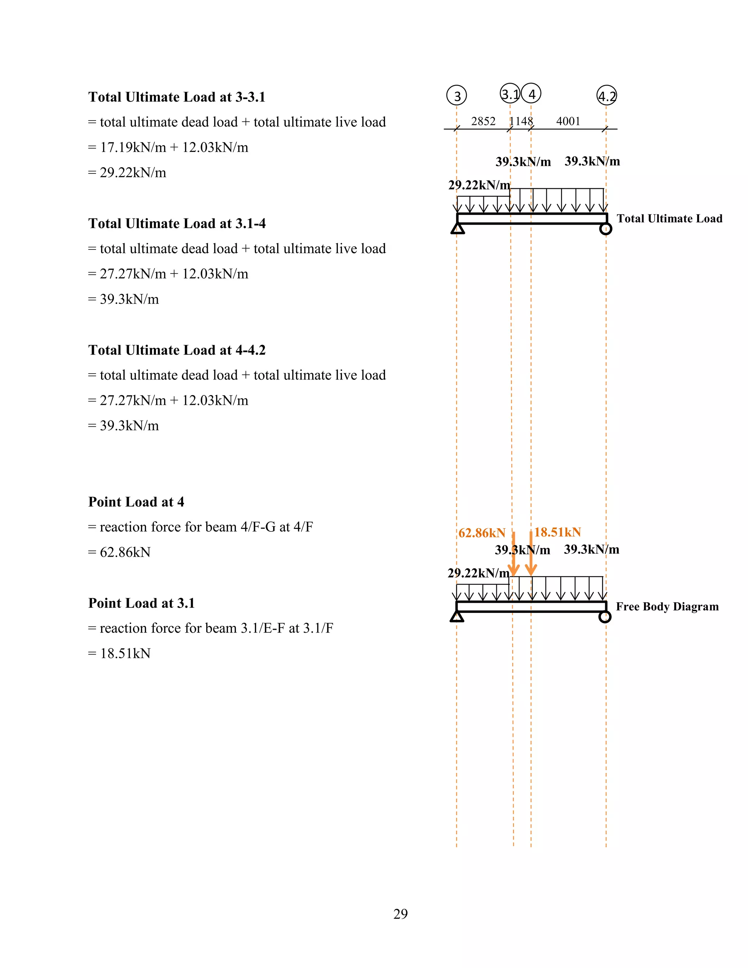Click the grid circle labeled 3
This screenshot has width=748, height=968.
click(x=457, y=95)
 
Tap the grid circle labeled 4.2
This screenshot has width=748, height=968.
click(x=607, y=95)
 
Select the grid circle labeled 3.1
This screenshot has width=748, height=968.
click(x=510, y=94)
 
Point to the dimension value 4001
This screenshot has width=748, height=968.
click(x=568, y=121)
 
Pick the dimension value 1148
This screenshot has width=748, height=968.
click(x=521, y=121)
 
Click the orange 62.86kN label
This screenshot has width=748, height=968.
click(x=482, y=533)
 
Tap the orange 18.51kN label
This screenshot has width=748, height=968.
click(x=557, y=532)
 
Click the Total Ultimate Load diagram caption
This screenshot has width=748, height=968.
click(x=669, y=218)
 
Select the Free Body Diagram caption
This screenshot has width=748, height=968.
click(x=667, y=606)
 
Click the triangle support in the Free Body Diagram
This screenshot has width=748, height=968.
click(x=457, y=617)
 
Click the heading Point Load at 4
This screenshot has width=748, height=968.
click(x=136, y=502)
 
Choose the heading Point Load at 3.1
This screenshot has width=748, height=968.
click(x=141, y=603)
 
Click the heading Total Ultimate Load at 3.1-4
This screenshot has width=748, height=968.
click(x=177, y=224)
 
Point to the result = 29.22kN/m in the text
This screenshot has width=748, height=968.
click(x=127, y=172)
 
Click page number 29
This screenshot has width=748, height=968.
click(x=400, y=914)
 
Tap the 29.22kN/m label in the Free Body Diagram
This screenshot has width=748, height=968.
click(x=478, y=573)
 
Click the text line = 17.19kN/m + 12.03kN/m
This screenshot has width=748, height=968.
click(x=168, y=147)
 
